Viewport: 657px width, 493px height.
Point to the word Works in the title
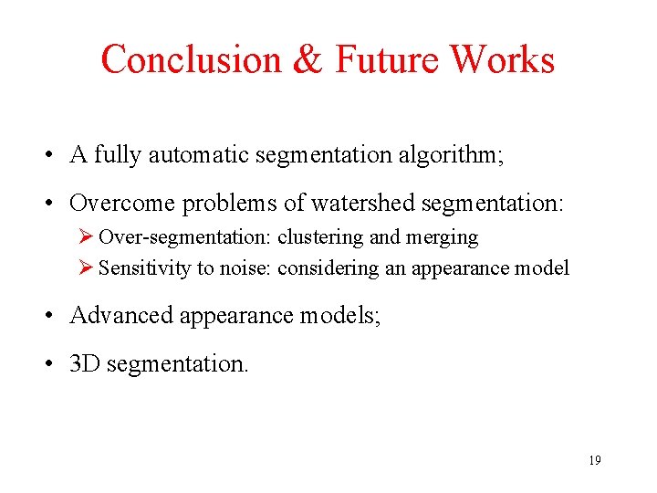pos(503,60)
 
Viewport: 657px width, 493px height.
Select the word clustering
pos(320,237)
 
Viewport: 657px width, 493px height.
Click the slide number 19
pos(594,460)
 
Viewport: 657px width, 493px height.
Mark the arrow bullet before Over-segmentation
pos(88,237)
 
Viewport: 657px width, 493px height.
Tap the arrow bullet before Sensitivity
pos(88,267)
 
